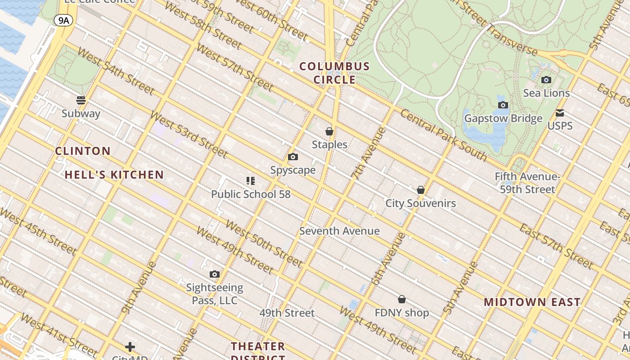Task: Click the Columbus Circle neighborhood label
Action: point(334,73)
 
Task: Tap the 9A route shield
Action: point(63,20)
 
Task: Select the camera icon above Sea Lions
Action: point(546,80)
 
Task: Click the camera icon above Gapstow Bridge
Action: point(503,105)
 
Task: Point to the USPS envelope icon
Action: point(560,113)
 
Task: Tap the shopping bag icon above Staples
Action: point(329,131)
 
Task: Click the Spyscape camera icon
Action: point(293,157)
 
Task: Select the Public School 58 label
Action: point(251,194)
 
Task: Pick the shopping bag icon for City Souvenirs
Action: point(421,190)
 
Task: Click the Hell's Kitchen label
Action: point(114,175)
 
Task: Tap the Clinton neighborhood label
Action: point(83,151)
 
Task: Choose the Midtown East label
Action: point(532,302)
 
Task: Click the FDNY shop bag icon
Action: point(402,299)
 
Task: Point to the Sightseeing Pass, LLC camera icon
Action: point(215,274)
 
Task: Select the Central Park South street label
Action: point(443,135)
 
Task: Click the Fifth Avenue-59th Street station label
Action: point(527,183)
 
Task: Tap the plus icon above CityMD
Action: point(130,347)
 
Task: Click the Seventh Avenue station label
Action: point(339,231)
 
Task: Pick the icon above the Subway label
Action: point(81,100)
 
